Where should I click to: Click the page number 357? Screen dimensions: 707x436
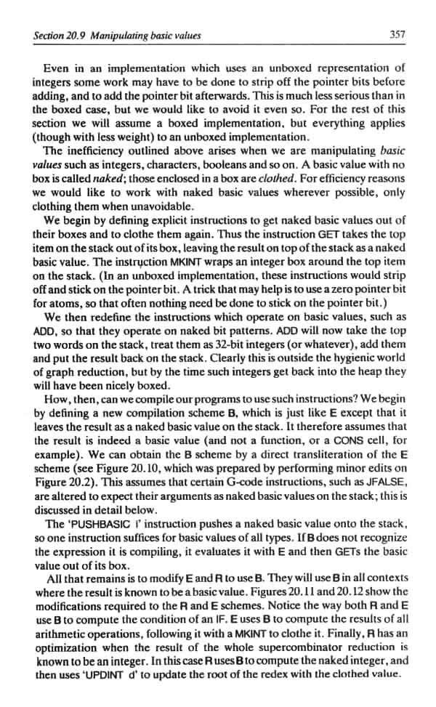(396, 34)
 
